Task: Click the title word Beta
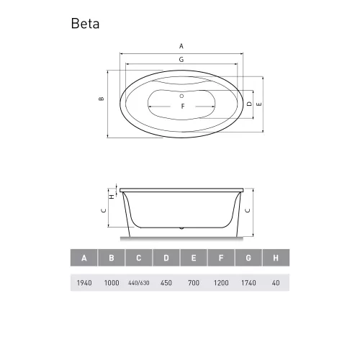86,23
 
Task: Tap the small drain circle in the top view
182,95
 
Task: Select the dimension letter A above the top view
181,45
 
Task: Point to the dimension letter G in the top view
181,58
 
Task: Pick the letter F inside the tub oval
183,107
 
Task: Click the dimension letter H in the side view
110,195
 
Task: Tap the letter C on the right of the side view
248,210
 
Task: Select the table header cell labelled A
84,258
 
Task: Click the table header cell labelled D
166,258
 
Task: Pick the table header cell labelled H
276,258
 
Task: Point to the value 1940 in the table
84,282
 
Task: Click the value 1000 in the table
112,282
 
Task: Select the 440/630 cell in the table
139,282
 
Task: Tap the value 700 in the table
194,282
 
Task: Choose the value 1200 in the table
221,282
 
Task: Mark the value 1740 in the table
248,282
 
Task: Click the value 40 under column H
276,282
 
